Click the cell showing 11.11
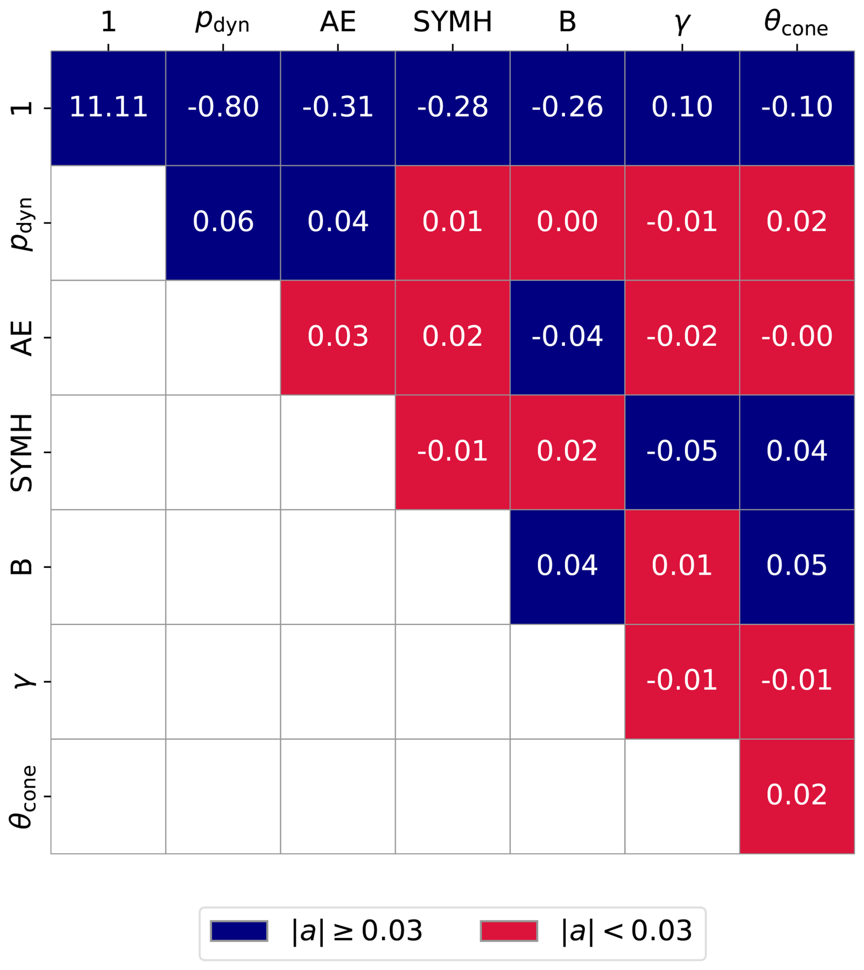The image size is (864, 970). tap(108, 108)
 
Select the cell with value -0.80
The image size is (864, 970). tap(223, 108)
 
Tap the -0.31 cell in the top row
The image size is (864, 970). tap(337, 108)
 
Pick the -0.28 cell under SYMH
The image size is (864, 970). tap(453, 108)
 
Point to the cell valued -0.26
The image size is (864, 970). tap(567, 108)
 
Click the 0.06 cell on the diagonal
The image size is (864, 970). tap(223, 223)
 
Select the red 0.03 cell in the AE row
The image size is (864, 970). tap(337, 337)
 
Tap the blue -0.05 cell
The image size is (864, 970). tap(682, 452)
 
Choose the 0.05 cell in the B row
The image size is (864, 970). tap(796, 566)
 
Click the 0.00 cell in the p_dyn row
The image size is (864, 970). tap(567, 223)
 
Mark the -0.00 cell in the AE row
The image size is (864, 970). tap(796, 337)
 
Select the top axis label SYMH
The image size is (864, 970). tap(453, 22)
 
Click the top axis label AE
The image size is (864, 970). tap(337, 22)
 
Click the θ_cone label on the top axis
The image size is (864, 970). tap(796, 24)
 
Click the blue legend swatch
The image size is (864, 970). tap(239, 931)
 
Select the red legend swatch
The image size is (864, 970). tap(509, 931)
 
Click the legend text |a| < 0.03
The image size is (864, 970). tap(626, 931)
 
